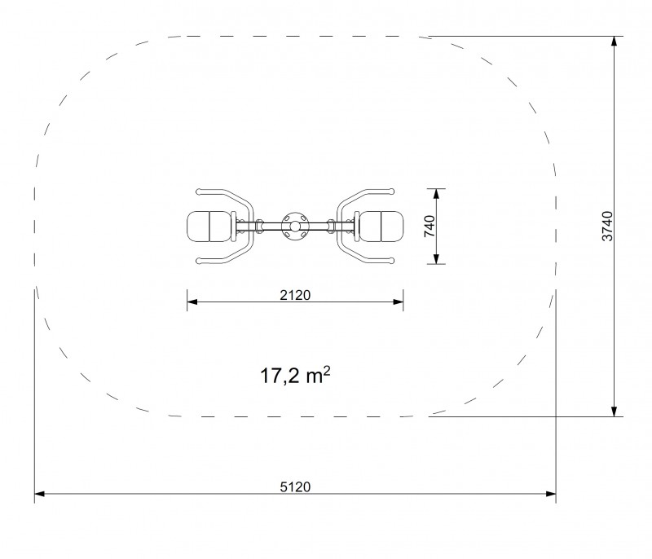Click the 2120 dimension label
click(x=295, y=295)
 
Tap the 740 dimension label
click(x=430, y=226)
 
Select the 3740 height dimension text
click(x=607, y=226)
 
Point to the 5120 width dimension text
click(x=295, y=486)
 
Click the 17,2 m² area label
click(x=295, y=376)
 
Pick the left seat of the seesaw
click(x=209, y=227)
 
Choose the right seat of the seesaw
click(x=381, y=227)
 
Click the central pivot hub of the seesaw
click(x=295, y=227)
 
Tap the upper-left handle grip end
click(x=199, y=191)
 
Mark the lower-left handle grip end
click(x=199, y=261)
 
